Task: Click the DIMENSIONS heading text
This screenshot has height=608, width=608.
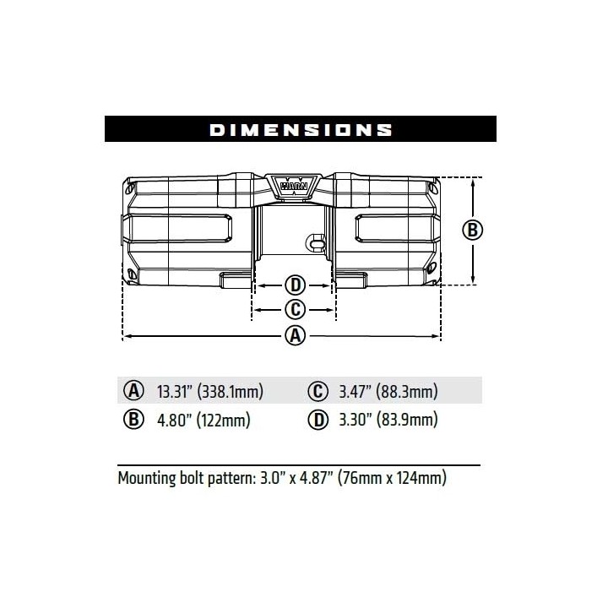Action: [301, 129]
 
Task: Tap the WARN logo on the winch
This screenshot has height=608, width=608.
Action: [294, 186]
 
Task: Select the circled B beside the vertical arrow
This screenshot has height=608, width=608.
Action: [473, 230]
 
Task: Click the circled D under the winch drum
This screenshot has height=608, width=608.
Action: [296, 285]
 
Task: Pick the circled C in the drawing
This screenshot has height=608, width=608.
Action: [296, 310]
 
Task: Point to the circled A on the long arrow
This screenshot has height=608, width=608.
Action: [296, 336]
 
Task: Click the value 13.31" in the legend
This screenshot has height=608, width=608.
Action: [175, 391]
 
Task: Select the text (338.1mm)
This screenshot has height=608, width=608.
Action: [231, 391]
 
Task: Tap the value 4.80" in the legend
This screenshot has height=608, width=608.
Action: [175, 420]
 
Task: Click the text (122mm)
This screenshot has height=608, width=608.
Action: [224, 420]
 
